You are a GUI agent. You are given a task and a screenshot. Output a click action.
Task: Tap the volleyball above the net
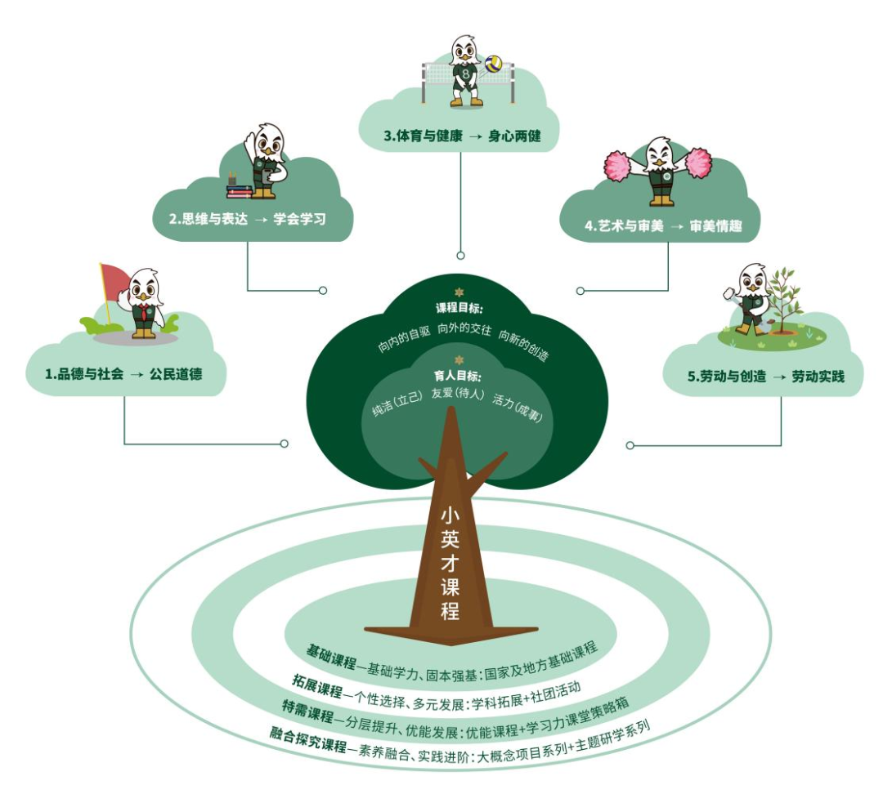tap(494, 64)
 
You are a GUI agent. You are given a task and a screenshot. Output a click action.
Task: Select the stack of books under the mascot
tap(239, 191)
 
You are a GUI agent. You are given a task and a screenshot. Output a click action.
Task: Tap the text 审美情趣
tap(715, 226)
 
